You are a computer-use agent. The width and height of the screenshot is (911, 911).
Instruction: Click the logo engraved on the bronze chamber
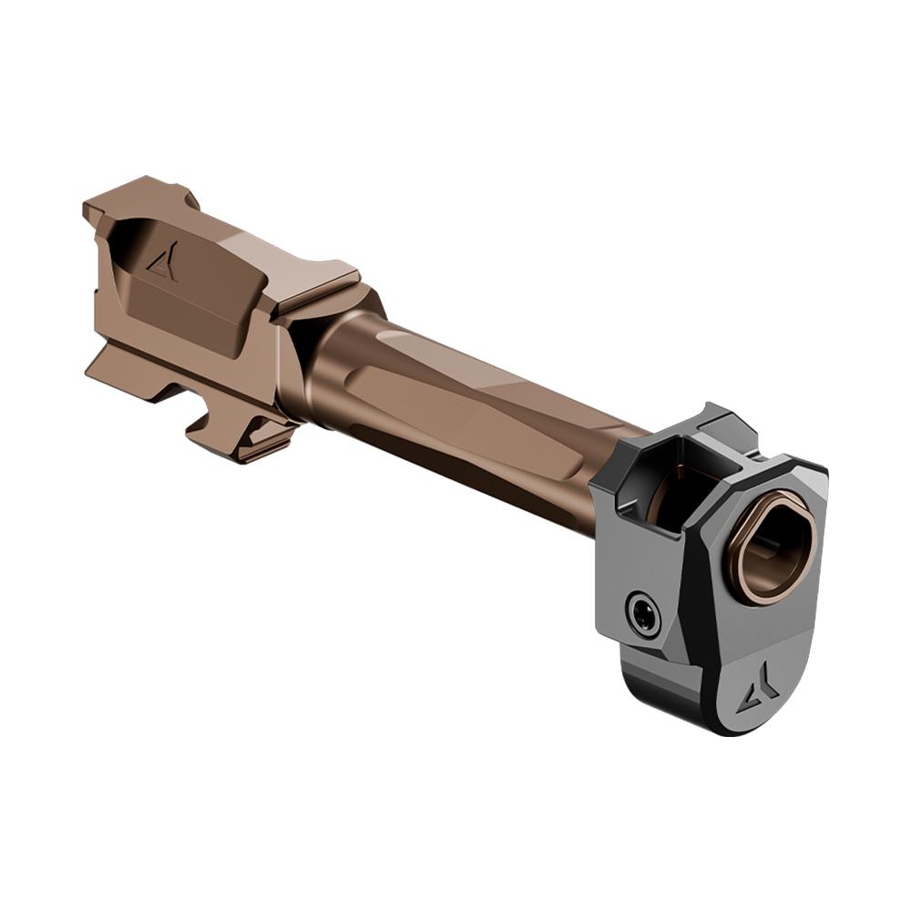coord(163,263)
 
